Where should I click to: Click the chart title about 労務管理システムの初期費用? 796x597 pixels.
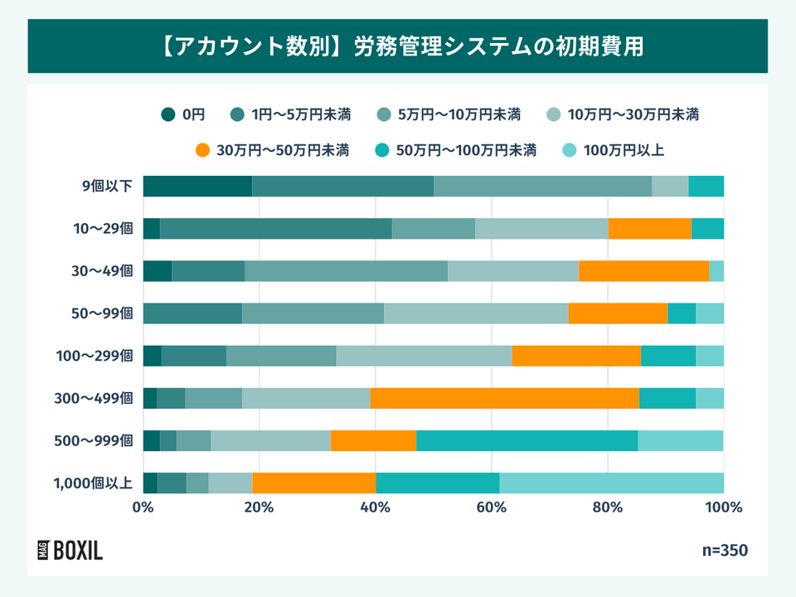pos(398,46)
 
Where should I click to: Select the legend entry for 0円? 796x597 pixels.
pos(184,114)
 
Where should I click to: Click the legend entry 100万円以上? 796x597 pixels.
pos(614,150)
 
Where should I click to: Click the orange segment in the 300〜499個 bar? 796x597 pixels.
pos(504,398)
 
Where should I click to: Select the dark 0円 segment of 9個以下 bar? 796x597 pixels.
pos(197,187)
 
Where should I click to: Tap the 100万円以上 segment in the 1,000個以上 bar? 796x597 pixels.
pos(611,483)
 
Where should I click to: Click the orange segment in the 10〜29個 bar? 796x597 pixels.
pos(649,229)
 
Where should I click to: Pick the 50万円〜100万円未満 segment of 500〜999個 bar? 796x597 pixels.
pos(527,440)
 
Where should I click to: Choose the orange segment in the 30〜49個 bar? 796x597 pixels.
pos(643,271)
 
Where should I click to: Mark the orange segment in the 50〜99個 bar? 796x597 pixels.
pos(618,313)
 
